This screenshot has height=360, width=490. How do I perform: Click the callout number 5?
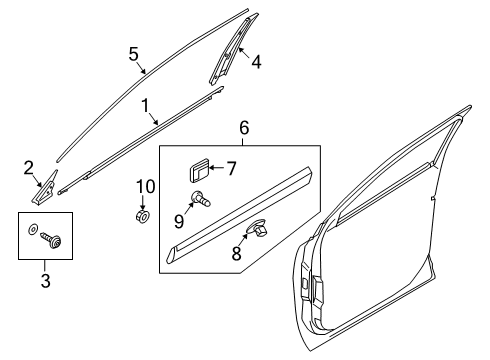133,54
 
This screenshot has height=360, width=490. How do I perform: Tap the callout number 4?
256,62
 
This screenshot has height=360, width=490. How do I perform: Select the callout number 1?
145,106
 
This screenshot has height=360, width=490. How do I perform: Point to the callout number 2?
29,168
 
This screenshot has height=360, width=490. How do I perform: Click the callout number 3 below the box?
45,280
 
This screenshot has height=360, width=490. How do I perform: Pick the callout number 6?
244,128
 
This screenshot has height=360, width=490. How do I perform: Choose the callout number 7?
231,168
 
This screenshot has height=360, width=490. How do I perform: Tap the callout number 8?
236,253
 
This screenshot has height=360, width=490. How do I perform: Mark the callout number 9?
179,221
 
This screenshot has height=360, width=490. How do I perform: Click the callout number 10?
146,186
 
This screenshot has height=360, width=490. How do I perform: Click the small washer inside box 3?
32,229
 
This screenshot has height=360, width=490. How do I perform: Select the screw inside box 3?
51,240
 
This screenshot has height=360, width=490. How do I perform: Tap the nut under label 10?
143,217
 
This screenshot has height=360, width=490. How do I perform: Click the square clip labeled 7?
199,170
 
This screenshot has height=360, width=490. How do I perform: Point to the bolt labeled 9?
201,198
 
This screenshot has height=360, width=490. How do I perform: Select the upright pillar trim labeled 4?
233,49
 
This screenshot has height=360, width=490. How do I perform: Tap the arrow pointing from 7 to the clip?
217,168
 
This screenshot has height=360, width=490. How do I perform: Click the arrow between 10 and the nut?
143,203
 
